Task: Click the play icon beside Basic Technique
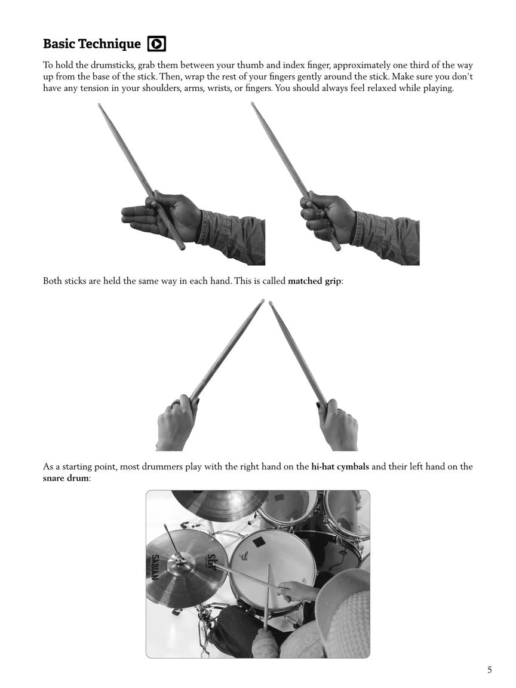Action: pyautogui.click(x=156, y=44)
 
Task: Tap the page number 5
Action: pyautogui.click(x=489, y=669)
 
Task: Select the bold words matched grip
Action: pyautogui.click(x=315, y=281)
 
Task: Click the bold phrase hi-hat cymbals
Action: pyautogui.click(x=340, y=466)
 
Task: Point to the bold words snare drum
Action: pyautogui.click(x=66, y=478)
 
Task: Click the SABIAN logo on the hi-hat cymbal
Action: pyautogui.click(x=154, y=566)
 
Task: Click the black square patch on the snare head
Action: pyautogui.click(x=259, y=542)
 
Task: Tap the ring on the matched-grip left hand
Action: pyautogui.click(x=176, y=404)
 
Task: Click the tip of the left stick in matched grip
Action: pyautogui.click(x=262, y=301)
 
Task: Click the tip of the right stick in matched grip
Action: pyautogui.click(x=271, y=303)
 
